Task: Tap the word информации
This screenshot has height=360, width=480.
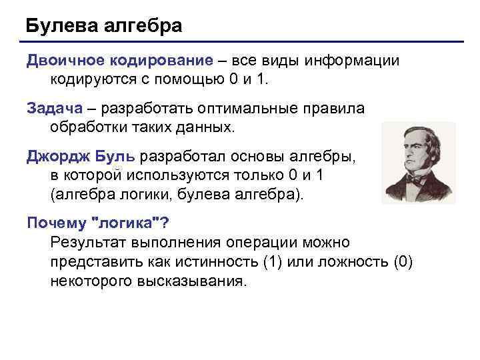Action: coord(353,61)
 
